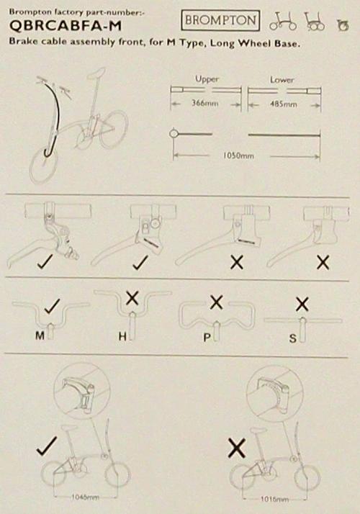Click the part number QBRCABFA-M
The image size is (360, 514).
[66, 26]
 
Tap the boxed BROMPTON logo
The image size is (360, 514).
[220, 20]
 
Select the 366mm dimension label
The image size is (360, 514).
[205, 103]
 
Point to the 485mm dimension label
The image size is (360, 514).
[284, 104]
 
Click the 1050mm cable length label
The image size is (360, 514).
[238, 155]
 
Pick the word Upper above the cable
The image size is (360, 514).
[207, 79]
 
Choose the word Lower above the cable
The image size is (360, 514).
[282, 80]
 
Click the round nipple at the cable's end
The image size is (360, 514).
[174, 133]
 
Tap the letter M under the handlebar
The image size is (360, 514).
[40, 335]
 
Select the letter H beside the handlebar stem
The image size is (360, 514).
[122, 336]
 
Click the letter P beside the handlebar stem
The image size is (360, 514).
[207, 338]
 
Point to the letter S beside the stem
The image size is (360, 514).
[293, 338]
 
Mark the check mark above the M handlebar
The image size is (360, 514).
[52, 306]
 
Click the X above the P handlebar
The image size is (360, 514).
[216, 302]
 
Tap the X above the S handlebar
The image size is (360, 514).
[302, 305]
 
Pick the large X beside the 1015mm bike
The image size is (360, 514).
[236, 448]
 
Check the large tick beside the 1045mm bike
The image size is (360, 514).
[47, 446]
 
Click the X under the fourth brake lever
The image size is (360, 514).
[323, 262]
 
